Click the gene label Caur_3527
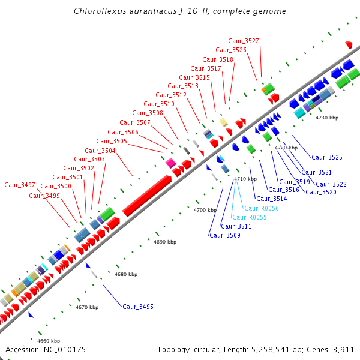(x=245, y=41)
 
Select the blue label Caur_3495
(x=138, y=307)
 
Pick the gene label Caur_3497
(x=20, y=185)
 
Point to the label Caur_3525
(x=326, y=157)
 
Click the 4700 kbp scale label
(x=205, y=211)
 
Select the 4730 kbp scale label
(x=326, y=118)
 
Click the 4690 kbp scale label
(x=165, y=242)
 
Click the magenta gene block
(x=170, y=163)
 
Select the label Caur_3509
(x=225, y=235)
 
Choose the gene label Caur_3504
(x=100, y=151)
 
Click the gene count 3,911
(x=343, y=349)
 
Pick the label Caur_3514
(x=272, y=199)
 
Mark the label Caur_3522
(x=331, y=184)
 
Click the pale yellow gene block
(x=223, y=122)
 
